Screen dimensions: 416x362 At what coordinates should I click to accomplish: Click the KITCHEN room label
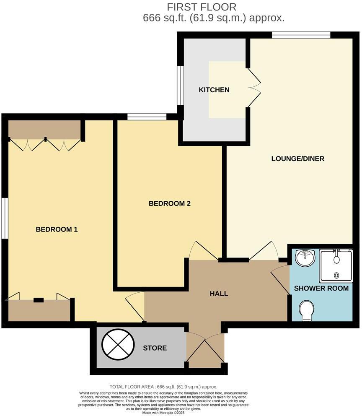(x=214, y=90)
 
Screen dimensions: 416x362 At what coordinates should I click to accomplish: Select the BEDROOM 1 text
(x=57, y=229)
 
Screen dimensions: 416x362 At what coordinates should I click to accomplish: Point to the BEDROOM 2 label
(x=170, y=203)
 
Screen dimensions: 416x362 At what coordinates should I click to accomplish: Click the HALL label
(x=219, y=294)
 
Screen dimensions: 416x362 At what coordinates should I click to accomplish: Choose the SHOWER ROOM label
(x=321, y=289)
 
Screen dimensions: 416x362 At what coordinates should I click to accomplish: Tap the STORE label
(x=155, y=348)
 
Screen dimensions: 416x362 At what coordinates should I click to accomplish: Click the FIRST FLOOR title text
(x=202, y=7)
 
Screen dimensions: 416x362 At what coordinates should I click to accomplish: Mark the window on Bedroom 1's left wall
(x=5, y=218)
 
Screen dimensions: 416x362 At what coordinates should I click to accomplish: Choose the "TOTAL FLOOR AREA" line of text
(x=163, y=387)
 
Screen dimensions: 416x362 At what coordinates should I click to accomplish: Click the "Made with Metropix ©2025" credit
(x=163, y=412)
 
